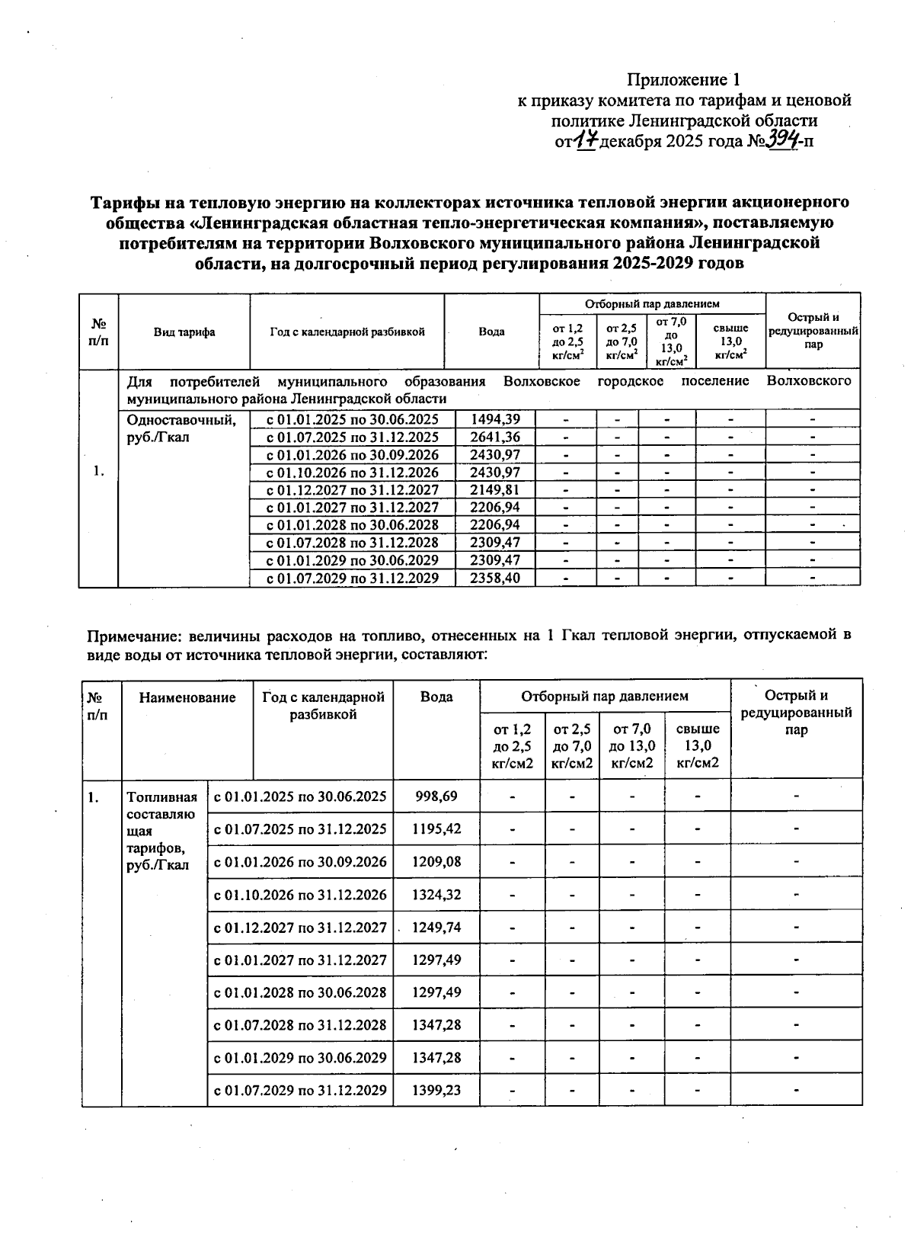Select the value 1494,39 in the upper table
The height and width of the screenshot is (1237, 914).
coord(495,419)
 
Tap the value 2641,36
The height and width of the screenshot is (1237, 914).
coord(495,437)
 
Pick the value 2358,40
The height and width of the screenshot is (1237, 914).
coord(495,578)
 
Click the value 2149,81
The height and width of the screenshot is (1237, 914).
coord(495,489)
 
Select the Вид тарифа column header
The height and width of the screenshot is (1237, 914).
coord(184,332)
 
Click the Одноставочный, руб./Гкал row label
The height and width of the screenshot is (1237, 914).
coord(181,428)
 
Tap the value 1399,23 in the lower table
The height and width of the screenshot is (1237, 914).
coord(436,1090)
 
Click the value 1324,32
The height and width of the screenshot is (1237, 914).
coord(436,894)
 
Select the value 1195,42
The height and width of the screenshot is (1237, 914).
coord(436,828)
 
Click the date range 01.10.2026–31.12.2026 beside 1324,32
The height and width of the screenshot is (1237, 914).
coord(300,894)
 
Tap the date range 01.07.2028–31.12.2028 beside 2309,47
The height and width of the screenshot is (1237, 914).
coord(352,543)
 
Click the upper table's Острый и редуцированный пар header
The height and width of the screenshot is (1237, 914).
coord(813,331)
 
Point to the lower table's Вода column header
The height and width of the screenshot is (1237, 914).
coord(436,697)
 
